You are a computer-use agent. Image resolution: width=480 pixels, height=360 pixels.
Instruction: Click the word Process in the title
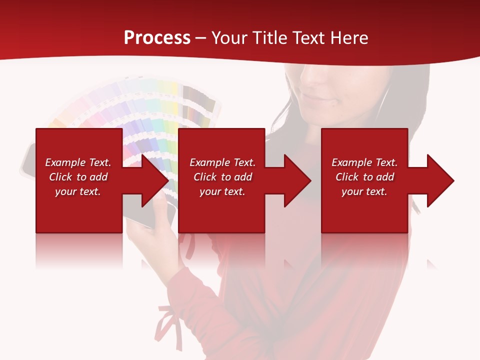click(x=157, y=37)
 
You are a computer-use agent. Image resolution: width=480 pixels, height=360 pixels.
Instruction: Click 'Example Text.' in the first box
click(x=78, y=162)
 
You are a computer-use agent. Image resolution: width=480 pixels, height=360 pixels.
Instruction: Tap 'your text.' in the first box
click(x=78, y=191)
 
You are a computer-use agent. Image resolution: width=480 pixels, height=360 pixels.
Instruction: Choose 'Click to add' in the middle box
click(x=222, y=177)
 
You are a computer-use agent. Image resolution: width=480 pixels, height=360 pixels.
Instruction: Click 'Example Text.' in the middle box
click(x=222, y=162)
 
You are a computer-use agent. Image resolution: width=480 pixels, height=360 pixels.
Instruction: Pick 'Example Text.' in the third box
click(x=364, y=162)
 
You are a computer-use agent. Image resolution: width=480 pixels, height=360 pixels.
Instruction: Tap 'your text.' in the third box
click(x=364, y=191)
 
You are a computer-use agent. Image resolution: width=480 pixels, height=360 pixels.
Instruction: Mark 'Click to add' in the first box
click(x=78, y=177)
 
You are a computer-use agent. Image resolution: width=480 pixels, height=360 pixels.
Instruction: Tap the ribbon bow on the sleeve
click(x=167, y=320)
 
